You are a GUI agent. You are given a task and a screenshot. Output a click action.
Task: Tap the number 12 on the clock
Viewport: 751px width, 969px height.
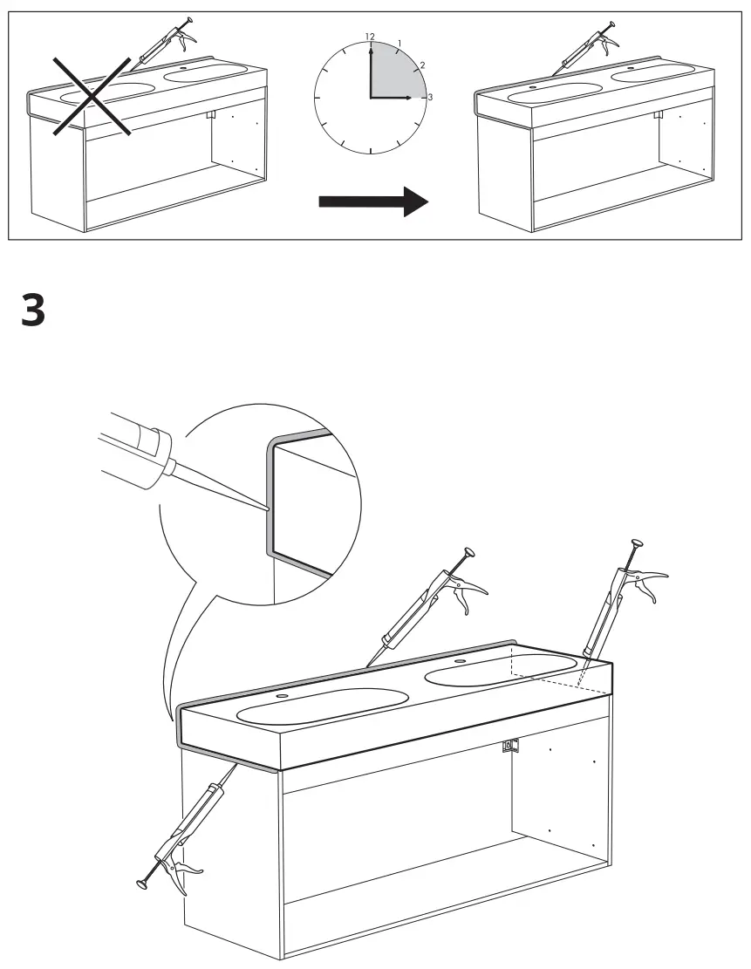click(370, 37)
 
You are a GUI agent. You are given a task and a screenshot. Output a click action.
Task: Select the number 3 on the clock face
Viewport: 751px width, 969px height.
click(428, 97)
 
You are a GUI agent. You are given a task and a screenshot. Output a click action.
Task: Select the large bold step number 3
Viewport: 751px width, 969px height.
click(33, 310)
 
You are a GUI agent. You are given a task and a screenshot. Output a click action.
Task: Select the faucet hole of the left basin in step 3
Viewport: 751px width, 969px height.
click(282, 697)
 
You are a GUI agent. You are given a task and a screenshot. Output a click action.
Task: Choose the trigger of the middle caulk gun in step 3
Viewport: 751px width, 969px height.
click(472, 594)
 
